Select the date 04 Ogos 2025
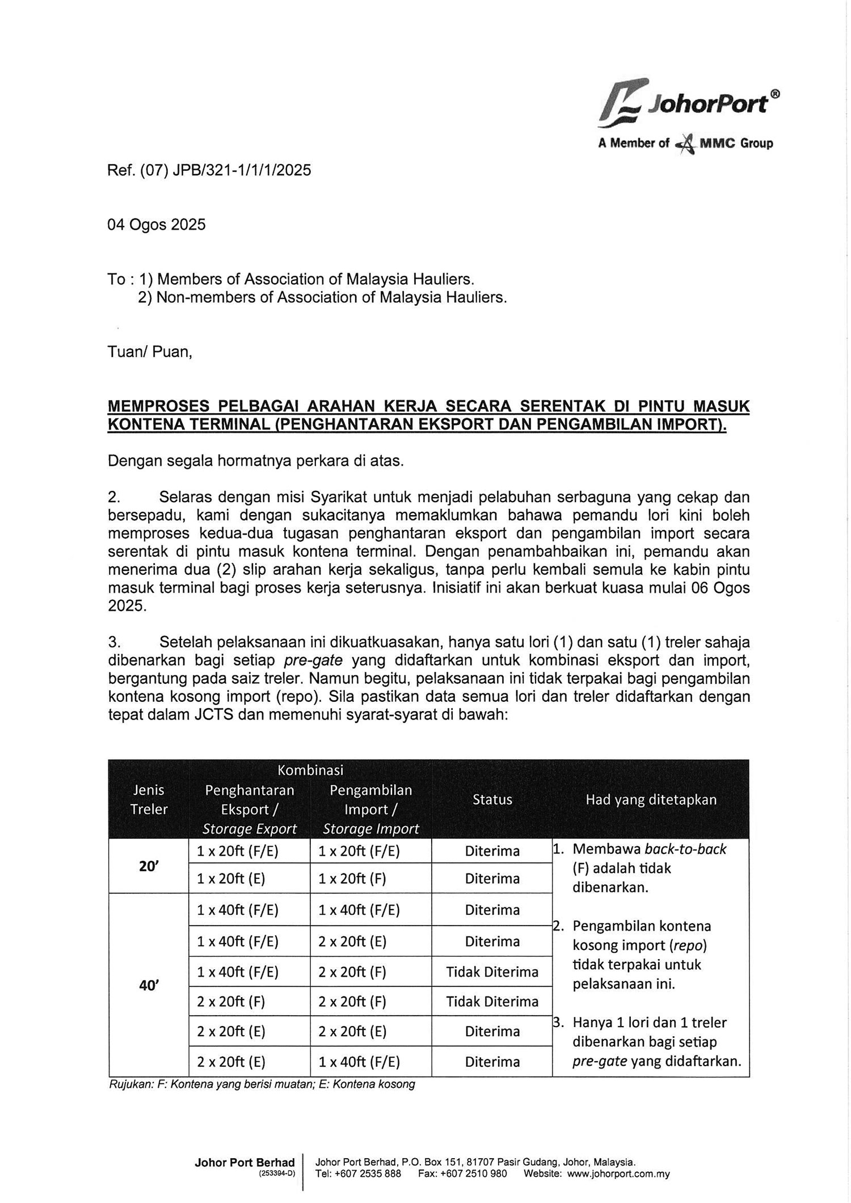pos(157,225)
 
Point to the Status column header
pos(492,800)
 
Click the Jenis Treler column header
pos(149,800)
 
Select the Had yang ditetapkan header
pos(651,800)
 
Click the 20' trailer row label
pos(148,867)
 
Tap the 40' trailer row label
pos(148,986)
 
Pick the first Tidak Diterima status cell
pos(492,972)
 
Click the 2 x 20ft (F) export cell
pos(231,1002)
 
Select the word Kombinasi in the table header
pos(310,770)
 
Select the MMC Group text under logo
pos(736,143)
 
